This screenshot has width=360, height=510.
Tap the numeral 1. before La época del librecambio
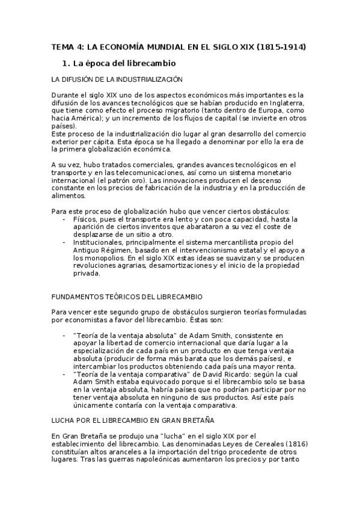(67, 63)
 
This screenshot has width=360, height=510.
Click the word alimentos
(69, 195)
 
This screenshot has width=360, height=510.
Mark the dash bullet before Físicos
(65, 219)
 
